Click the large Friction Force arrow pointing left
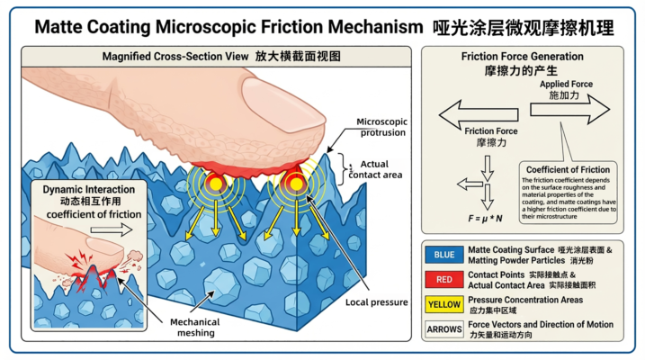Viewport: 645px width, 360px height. (x=475, y=113)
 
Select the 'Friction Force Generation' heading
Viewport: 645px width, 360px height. (x=523, y=57)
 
